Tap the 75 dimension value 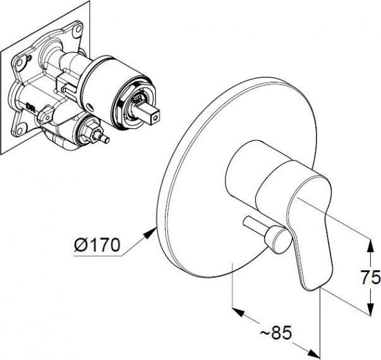click(371, 277)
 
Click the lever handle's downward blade click(310, 259)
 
